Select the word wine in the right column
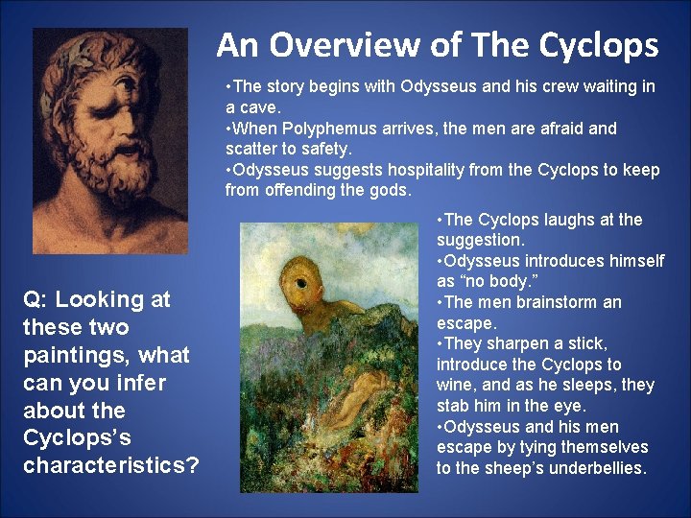(456, 386)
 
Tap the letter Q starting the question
(32, 300)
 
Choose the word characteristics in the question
(110, 467)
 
